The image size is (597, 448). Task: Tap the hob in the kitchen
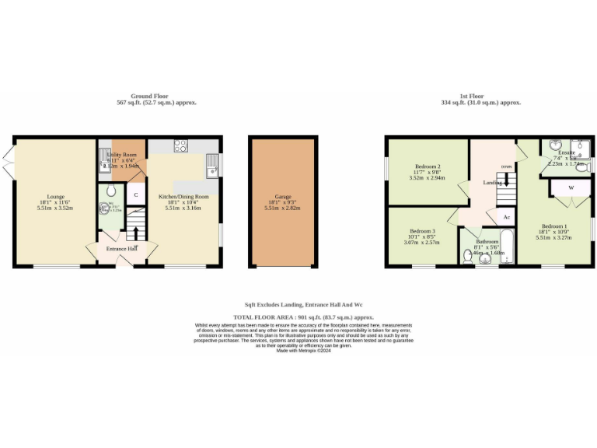point(181,144)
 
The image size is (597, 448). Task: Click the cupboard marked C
point(135,194)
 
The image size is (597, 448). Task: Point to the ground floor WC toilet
point(112,191)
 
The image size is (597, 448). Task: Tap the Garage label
point(282,197)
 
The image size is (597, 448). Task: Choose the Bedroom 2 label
point(428,166)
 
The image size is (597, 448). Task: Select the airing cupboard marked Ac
point(506,216)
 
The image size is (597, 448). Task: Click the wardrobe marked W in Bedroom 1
point(571,187)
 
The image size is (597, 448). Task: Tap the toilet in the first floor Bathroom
point(468,258)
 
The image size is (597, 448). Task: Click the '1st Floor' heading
point(479,96)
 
